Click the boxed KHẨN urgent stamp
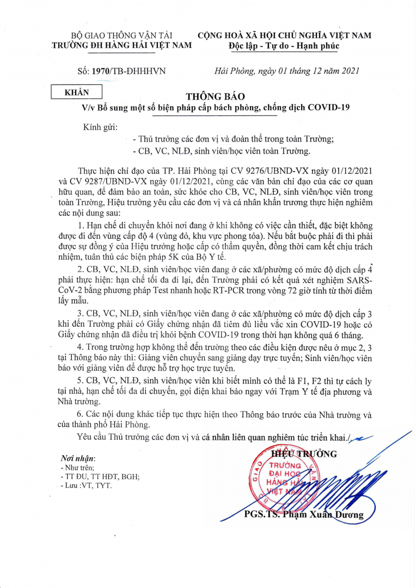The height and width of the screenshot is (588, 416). click(x=77, y=93)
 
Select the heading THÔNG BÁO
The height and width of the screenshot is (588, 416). click(x=212, y=96)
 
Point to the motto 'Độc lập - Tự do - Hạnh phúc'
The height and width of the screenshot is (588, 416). click(x=284, y=46)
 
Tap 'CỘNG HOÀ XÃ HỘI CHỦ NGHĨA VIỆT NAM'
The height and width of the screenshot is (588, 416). click(x=285, y=35)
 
